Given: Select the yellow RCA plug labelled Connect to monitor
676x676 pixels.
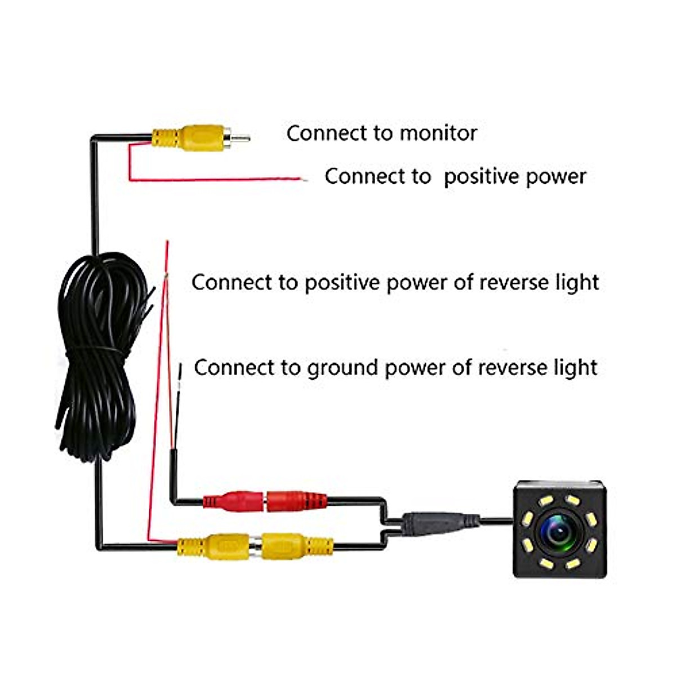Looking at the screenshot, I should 192,137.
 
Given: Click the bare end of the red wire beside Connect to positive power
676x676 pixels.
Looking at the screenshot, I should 303,180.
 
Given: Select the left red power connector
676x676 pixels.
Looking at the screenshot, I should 234,500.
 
